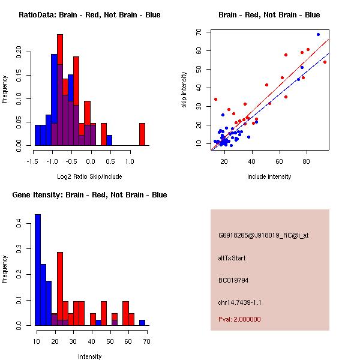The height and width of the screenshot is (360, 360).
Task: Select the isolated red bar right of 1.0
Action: click(142, 134)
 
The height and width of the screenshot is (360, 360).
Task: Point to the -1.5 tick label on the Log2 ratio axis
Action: click(34, 161)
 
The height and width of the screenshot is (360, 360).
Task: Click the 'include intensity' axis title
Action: click(269, 176)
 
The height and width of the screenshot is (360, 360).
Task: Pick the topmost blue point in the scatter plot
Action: click(318, 34)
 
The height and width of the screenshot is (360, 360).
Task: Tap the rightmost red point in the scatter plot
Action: click(325, 62)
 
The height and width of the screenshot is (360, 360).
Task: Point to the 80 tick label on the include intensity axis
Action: click(307, 161)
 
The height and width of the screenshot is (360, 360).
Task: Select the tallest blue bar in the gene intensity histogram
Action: click(38, 269)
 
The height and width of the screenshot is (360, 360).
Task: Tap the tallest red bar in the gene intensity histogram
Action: click(60, 289)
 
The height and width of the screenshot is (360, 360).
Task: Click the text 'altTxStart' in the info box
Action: click(232, 258)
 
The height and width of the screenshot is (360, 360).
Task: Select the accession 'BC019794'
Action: click(233, 280)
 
